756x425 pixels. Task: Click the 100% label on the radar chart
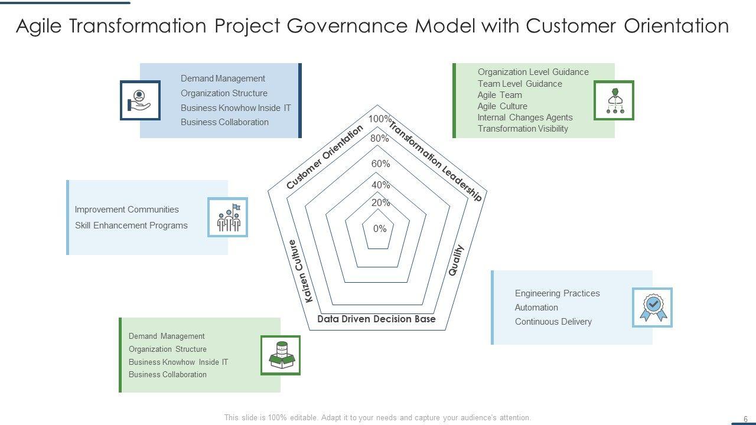(x=379, y=119)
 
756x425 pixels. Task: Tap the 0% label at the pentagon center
(x=380, y=228)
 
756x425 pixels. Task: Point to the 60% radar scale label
(x=380, y=164)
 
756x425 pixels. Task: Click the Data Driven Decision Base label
(x=376, y=319)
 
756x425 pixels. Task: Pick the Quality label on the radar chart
(x=456, y=260)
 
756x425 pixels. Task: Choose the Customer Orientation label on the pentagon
(x=324, y=158)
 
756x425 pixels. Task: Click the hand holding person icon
(x=140, y=100)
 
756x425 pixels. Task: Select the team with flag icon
(x=227, y=217)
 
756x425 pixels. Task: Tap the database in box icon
(x=281, y=355)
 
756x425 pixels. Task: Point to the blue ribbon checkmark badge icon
(x=653, y=308)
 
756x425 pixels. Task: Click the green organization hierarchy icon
(x=614, y=100)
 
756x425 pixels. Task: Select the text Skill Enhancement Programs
(x=131, y=225)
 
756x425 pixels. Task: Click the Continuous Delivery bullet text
(x=553, y=322)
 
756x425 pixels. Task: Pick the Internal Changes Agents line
(x=525, y=117)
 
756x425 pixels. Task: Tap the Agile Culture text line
(x=502, y=106)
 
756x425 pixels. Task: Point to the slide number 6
(x=745, y=419)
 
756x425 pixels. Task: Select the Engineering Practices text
(x=557, y=293)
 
